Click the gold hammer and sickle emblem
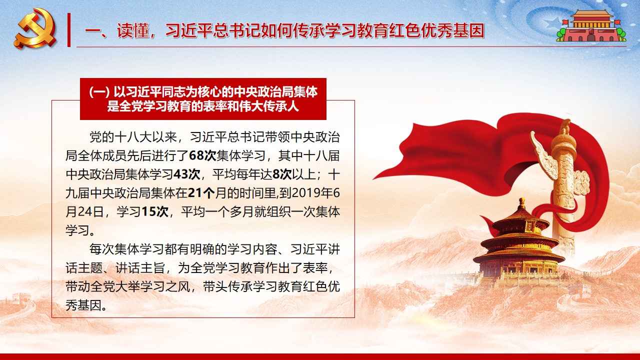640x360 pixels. pos(35,28)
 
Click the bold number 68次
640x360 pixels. pos(202,156)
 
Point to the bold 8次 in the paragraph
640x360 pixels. pos(282,174)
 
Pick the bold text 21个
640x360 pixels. pos(201,193)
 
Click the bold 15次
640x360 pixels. pos(155,212)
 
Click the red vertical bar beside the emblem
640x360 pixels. pos(69,29)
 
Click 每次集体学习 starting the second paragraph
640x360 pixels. pos(126,249)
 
